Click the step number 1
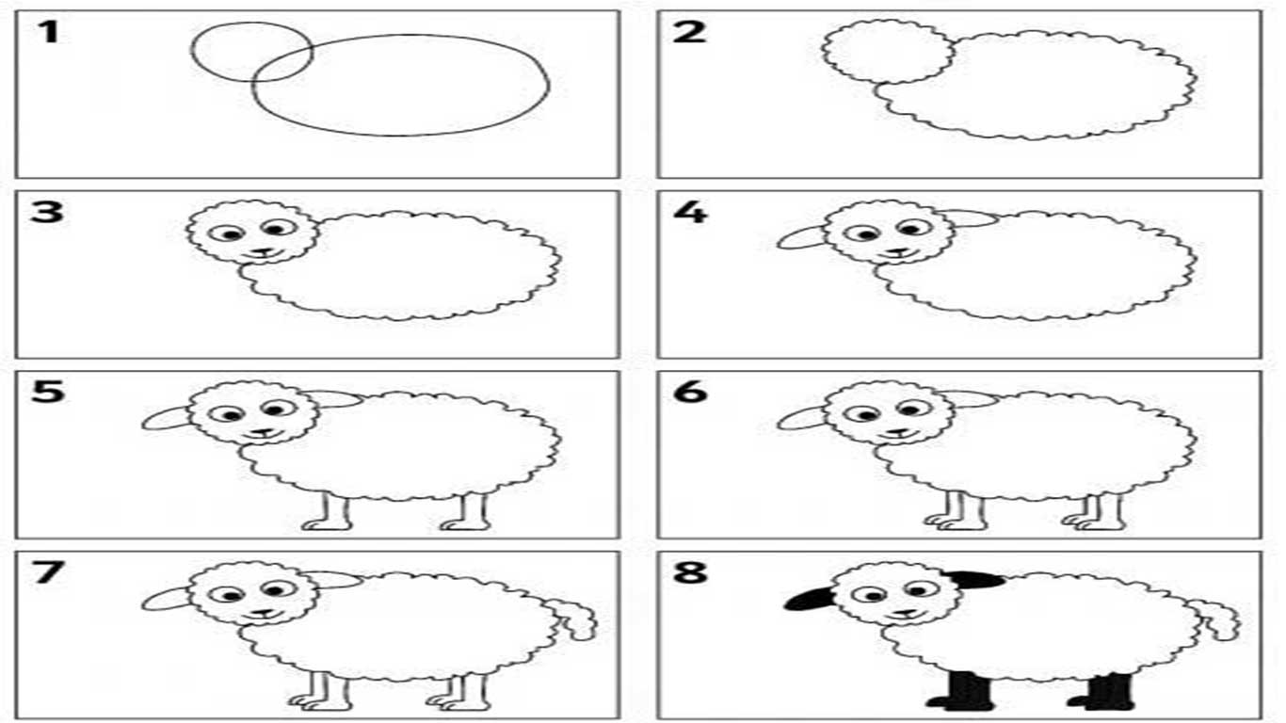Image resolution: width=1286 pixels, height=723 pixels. pyautogui.click(x=48, y=32)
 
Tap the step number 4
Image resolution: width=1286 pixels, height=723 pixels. pyautogui.click(x=691, y=213)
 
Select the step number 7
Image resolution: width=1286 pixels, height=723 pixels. pyautogui.click(x=48, y=572)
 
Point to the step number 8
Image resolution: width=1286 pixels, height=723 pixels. pyautogui.click(x=690, y=572)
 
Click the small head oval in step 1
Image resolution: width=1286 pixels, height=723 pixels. pyautogui.click(x=192, y=52)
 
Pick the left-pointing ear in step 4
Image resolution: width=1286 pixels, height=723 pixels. pyautogui.click(x=801, y=237)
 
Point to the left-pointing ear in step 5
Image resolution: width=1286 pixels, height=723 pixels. pyautogui.click(x=167, y=418)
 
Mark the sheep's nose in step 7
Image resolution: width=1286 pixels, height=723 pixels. pyautogui.click(x=263, y=613)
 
